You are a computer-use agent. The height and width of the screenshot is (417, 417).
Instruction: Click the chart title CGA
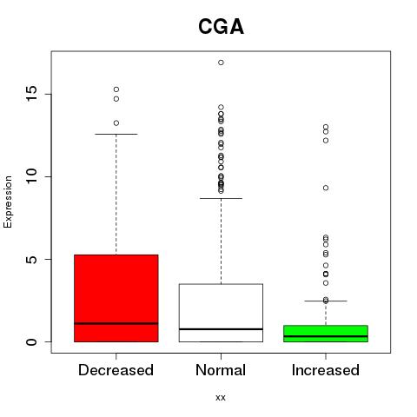221,27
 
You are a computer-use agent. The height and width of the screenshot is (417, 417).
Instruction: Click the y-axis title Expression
8,202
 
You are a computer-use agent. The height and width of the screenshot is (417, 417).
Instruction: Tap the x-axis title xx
221,398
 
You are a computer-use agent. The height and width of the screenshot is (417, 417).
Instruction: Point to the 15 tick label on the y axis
32,94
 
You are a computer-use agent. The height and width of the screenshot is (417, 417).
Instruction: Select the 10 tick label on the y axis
32,176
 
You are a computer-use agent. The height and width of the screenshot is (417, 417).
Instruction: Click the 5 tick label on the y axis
32,259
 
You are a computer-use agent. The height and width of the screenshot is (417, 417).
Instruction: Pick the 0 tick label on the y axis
32,341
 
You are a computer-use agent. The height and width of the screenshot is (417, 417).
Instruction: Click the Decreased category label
116,370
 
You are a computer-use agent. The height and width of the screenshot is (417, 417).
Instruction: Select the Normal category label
221,370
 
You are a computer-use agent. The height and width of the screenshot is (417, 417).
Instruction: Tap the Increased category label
326,370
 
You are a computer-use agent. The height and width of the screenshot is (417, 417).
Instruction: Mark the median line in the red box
116,323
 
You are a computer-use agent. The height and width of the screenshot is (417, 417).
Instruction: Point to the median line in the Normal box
221,329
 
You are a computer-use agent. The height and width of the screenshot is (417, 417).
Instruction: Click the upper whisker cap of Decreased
116,134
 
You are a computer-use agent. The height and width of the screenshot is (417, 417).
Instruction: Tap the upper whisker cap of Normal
221,198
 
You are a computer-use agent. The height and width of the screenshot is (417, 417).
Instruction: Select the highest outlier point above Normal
221,63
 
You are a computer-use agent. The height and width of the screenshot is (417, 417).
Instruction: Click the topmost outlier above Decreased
116,89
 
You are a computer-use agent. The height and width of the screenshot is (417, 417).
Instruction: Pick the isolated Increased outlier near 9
326,188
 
